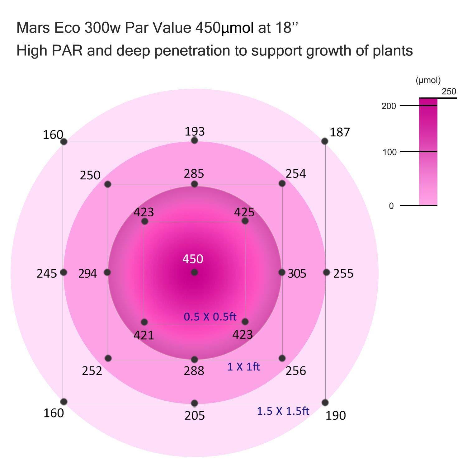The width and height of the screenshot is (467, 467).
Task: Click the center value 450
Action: tap(193, 259)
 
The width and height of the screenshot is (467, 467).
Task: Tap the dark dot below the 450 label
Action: tap(195, 272)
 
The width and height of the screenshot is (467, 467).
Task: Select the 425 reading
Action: tap(244, 212)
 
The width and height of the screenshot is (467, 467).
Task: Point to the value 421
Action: tap(144, 335)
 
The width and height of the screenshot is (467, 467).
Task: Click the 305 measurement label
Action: tap(297, 273)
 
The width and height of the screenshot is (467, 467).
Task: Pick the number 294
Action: tap(87, 273)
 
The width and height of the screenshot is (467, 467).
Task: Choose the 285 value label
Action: tap(194, 173)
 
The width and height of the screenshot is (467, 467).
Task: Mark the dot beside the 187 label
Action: tap(325, 141)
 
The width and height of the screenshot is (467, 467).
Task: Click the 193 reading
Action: tap(195, 131)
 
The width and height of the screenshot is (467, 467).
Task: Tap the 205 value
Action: tap(195, 415)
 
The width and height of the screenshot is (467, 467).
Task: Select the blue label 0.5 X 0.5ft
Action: tap(210, 317)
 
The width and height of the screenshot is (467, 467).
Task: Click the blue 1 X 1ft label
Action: tap(243, 367)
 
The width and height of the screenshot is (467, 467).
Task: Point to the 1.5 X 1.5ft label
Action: tap(283, 411)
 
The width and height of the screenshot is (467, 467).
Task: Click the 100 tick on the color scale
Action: tap(389, 152)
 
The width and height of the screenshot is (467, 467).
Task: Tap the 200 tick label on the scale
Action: tap(389, 106)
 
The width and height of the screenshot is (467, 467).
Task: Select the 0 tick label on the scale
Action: tap(391, 206)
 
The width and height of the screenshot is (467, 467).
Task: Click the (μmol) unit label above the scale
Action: tap(428, 80)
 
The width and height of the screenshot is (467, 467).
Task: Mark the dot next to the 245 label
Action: tap(64, 272)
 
